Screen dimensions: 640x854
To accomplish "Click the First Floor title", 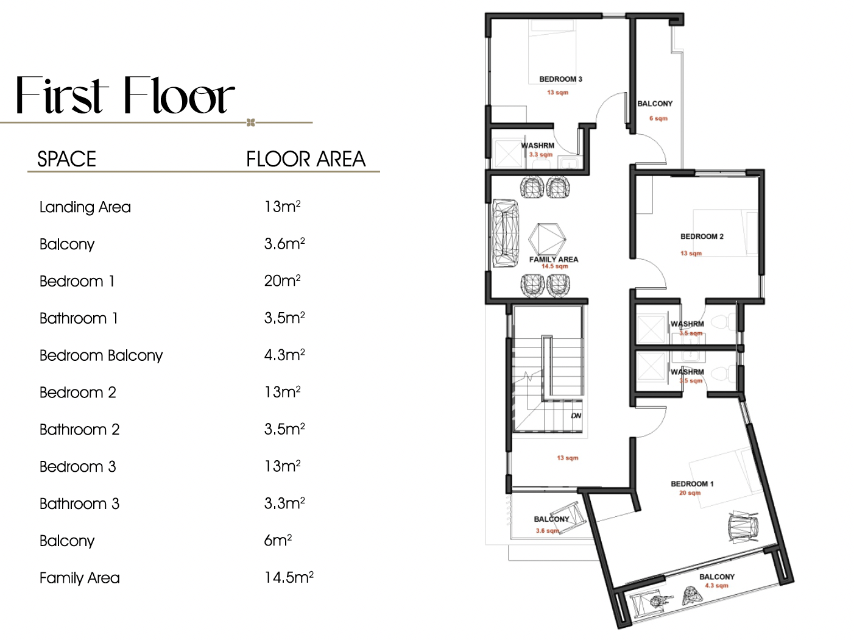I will (125, 96).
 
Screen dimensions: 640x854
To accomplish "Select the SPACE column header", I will (66, 159).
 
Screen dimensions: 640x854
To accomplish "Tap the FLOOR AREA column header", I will (305, 159).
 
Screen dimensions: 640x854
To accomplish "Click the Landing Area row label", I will (85, 207).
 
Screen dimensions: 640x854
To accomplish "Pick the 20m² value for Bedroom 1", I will (282, 281).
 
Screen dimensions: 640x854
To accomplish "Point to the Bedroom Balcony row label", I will (101, 355).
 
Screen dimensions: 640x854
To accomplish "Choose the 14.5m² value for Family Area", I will (289, 577).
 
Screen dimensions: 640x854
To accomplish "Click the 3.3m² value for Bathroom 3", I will (284, 503).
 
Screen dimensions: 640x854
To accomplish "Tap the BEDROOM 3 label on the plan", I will (560, 79).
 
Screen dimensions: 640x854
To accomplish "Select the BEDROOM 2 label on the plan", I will (702, 236).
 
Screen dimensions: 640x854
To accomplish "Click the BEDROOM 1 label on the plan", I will (692, 484).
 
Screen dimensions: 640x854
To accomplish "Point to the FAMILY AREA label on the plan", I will (554, 260).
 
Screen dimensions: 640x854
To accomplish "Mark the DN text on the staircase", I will (576, 416).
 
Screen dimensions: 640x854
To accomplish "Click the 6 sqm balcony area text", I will (658, 118).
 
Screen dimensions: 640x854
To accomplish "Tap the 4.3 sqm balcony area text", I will (717, 586).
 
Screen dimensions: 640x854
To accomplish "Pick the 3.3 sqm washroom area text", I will (541, 155).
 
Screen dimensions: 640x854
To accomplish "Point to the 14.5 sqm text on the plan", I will (555, 266).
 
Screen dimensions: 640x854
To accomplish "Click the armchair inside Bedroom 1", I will (744, 525).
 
